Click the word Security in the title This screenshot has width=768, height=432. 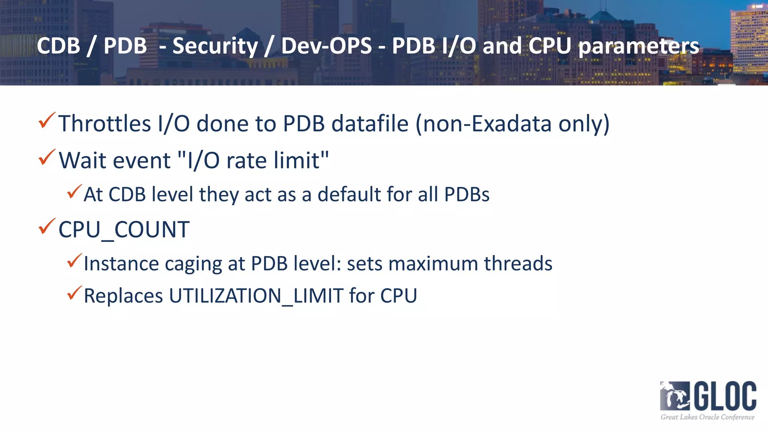coord(215,46)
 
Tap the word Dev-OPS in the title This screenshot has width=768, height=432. coord(326,46)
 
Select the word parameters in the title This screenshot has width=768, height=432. coord(639,46)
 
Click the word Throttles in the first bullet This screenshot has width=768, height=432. coord(105,124)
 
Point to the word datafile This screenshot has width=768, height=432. coord(370,124)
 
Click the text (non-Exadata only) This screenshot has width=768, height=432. coord(512,124)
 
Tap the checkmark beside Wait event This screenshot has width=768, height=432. coord(47,157)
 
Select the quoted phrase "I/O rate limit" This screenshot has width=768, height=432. coord(253,160)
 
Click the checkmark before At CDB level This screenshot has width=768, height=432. coord(74,192)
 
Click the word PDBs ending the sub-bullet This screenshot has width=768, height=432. coord(466,195)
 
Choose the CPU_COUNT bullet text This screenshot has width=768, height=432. coord(124,229)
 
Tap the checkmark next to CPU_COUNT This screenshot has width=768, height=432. coord(47,226)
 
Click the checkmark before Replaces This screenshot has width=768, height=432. coord(74,293)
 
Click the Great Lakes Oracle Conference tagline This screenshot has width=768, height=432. coord(707,417)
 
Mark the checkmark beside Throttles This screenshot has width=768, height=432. coord(47,120)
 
